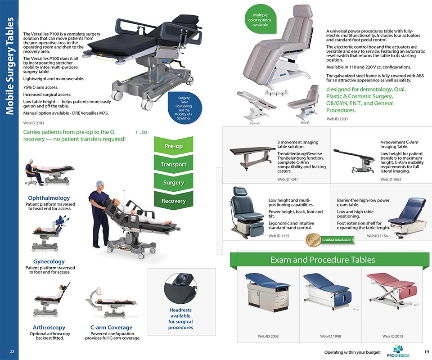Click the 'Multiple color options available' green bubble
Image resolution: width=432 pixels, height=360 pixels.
(x=260, y=20)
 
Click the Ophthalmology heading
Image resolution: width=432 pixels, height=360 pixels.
(x=49, y=198)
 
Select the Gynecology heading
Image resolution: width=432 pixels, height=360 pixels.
(x=49, y=261)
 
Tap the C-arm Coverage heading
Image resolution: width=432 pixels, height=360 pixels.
(x=111, y=327)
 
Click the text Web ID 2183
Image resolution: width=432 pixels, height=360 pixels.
(x=34, y=122)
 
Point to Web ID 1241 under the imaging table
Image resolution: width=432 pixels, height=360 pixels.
(x=288, y=179)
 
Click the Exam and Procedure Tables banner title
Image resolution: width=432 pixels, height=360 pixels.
(x=322, y=260)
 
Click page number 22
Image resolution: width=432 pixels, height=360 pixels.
(x=12, y=351)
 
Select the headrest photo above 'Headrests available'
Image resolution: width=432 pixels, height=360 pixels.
(x=180, y=288)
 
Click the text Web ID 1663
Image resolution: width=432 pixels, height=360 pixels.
(x=390, y=179)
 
